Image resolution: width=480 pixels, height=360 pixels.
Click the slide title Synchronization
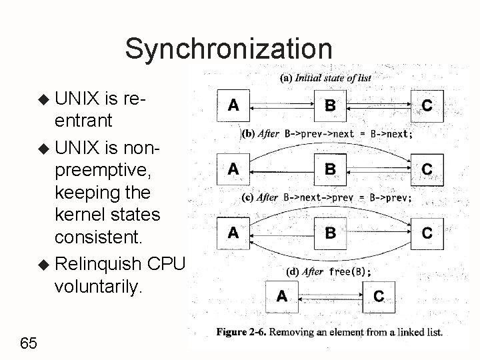pos(228,48)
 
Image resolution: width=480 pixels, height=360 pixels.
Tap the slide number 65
pos(29,343)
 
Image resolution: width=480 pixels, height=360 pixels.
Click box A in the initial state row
pos(234,105)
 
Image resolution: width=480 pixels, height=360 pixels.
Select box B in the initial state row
pos(330,105)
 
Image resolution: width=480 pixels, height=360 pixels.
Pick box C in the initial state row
pos(427,105)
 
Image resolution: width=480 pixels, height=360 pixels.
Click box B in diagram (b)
pos(330,169)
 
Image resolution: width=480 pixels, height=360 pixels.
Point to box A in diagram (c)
pos(233,233)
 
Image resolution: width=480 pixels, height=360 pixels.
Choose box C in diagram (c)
pos(427,233)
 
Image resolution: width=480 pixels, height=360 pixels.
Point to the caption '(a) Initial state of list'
pos(325,77)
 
